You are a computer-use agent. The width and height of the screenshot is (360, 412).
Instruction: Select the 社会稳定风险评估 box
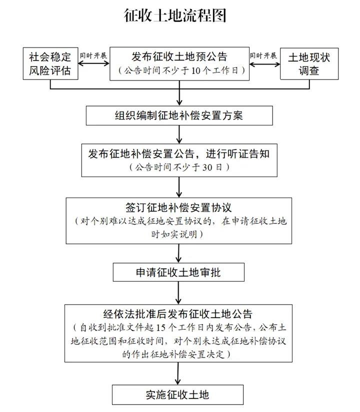click(x=50, y=63)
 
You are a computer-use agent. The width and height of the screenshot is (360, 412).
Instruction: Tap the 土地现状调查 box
click(x=309, y=63)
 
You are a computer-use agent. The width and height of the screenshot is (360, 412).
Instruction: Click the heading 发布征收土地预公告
click(x=179, y=56)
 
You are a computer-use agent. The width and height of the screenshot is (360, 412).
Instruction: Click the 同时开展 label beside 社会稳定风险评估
click(x=93, y=55)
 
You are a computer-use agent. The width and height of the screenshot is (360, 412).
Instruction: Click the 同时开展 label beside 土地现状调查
click(x=263, y=55)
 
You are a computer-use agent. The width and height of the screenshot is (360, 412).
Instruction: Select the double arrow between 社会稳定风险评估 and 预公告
click(x=93, y=64)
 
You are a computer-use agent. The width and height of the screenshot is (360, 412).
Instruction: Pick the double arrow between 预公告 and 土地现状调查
click(x=263, y=64)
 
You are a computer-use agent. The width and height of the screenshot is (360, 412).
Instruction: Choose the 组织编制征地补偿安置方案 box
click(x=179, y=115)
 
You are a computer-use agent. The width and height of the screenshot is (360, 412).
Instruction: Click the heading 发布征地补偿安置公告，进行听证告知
click(x=179, y=153)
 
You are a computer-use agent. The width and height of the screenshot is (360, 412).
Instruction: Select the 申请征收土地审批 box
click(x=179, y=272)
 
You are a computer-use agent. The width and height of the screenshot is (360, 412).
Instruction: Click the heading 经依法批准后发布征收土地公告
click(x=179, y=314)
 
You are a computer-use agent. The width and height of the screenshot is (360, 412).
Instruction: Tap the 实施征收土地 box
click(x=177, y=394)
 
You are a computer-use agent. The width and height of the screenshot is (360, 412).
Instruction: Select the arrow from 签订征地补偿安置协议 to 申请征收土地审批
click(x=178, y=253)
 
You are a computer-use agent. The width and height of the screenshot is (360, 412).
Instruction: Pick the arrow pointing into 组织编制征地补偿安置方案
click(x=179, y=97)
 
